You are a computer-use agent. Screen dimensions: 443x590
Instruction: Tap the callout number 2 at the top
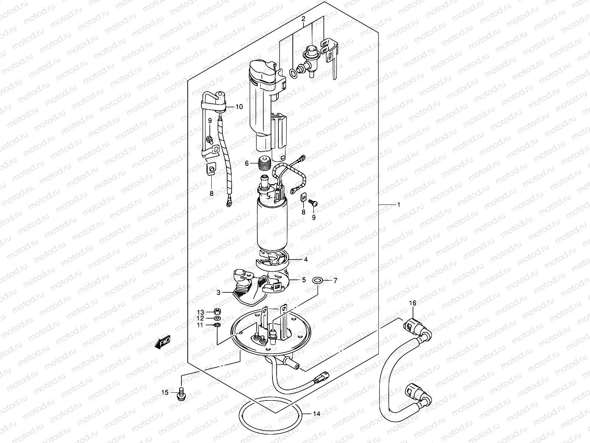pyautogui.click(x=303, y=18)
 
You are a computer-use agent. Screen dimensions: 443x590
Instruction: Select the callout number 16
pyautogui.click(x=412, y=303)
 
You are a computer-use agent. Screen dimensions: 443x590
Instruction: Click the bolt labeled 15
pyautogui.click(x=182, y=392)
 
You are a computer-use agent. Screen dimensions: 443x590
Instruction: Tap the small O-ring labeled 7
pyautogui.click(x=317, y=281)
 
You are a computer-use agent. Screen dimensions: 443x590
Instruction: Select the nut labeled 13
pyautogui.click(x=218, y=311)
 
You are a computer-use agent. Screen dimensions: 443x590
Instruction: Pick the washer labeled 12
pyautogui.click(x=218, y=318)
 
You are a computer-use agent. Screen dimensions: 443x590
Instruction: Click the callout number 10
pyautogui.click(x=239, y=107)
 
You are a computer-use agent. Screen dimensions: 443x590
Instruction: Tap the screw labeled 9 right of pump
pyautogui.click(x=315, y=203)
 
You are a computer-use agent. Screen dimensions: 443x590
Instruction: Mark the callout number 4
pyautogui.click(x=305, y=260)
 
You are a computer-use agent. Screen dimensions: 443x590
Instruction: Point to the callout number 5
pyautogui.click(x=304, y=280)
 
